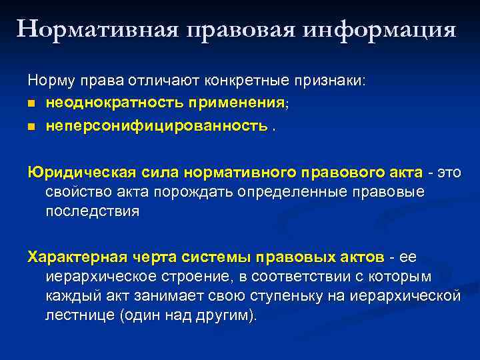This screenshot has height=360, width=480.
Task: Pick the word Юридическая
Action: pyautogui.click(x=81, y=173)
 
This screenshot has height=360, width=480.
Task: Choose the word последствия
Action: pyautogui.click(x=93, y=212)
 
